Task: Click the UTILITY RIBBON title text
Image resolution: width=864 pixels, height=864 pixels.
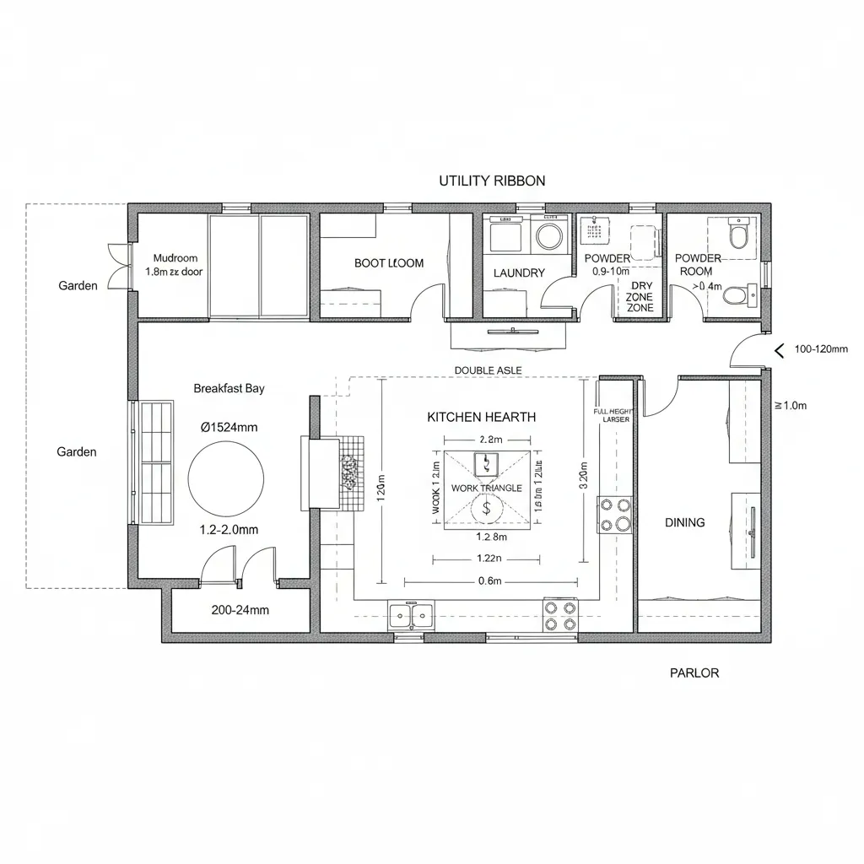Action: (492, 181)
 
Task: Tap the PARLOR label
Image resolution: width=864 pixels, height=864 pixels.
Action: (694, 672)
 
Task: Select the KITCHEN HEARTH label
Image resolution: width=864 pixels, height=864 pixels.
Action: (481, 417)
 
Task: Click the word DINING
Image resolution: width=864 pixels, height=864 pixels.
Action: (684, 522)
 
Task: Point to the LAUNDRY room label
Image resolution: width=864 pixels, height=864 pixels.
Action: (519, 273)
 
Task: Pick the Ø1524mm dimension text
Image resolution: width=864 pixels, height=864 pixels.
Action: (229, 427)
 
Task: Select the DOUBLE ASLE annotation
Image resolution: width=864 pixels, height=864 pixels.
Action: (488, 370)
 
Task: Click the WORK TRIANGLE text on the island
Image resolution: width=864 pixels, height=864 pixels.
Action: (487, 489)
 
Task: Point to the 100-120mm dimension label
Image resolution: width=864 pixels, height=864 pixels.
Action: (821, 349)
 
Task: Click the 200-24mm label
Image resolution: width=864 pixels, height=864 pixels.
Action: (240, 609)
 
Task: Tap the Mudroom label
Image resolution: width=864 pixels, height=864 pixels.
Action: (175, 258)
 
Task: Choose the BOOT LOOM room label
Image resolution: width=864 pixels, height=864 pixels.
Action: (389, 263)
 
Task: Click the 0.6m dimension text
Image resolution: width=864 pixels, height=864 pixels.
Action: (490, 580)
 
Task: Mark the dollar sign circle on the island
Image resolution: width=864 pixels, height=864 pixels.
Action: (486, 508)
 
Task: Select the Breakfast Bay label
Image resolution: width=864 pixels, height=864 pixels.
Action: (229, 388)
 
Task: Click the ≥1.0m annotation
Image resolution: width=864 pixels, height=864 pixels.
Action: (791, 405)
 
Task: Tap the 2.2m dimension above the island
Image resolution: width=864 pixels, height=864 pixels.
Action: (490, 440)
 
